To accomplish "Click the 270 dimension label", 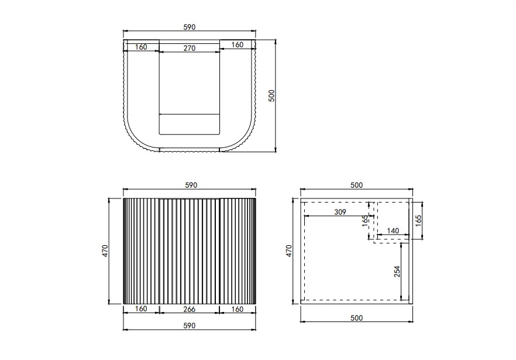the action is [x=189, y=48].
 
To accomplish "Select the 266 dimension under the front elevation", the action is [x=189, y=309].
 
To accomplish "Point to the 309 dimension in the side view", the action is [x=340, y=212].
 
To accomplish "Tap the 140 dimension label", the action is [x=393, y=231].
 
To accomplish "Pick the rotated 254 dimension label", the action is [x=397, y=272].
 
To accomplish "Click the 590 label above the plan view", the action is [x=189, y=27].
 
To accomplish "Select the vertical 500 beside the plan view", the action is [x=271, y=95].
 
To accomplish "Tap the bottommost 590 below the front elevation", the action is [x=189, y=325].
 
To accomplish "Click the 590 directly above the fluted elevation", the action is [x=191, y=185].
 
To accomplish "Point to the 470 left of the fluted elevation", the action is [x=105, y=251].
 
